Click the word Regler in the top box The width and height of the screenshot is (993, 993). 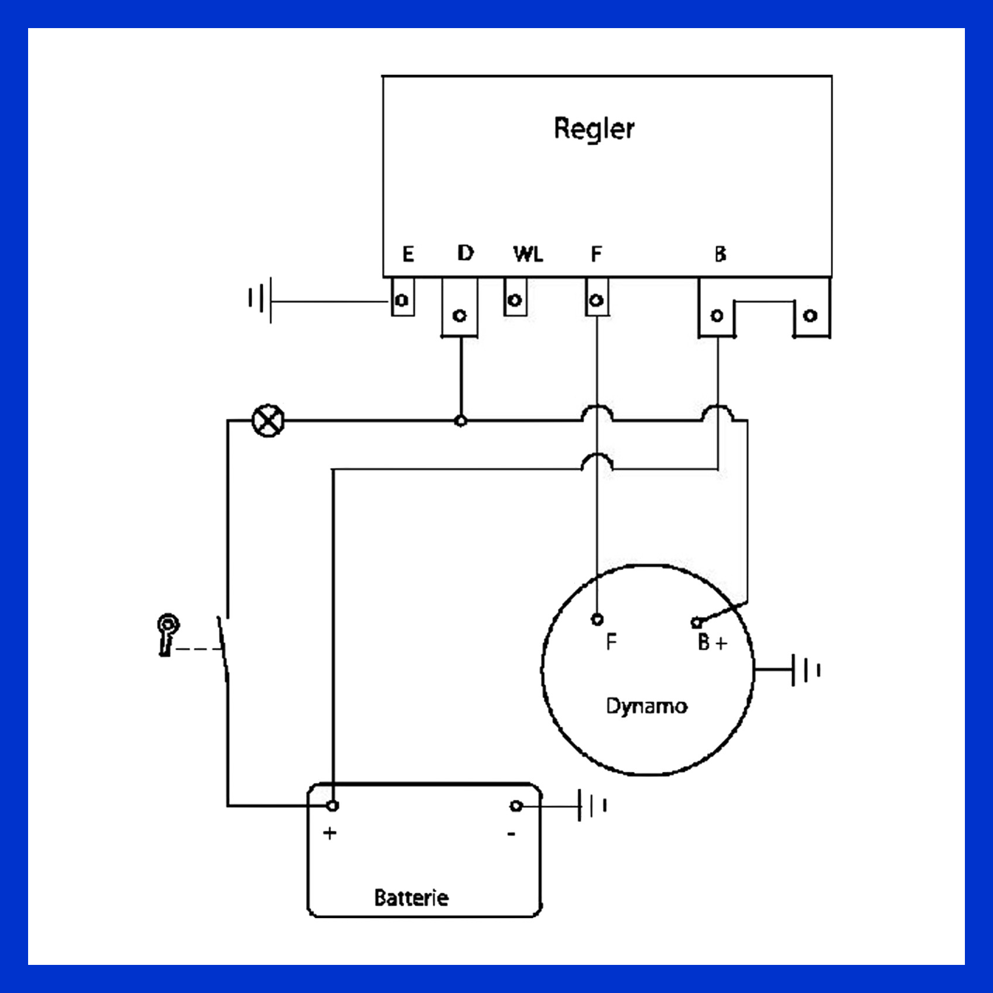pyautogui.click(x=594, y=128)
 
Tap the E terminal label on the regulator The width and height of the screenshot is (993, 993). pyautogui.click(x=408, y=254)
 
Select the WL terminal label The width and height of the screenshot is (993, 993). pyautogui.click(x=528, y=254)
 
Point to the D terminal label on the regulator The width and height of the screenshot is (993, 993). pyautogui.click(x=465, y=253)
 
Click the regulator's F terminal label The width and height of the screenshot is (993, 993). pyautogui.click(x=596, y=254)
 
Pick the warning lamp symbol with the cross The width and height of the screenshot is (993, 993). pyautogui.click(x=268, y=420)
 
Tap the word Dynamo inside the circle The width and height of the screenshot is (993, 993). pyautogui.click(x=646, y=706)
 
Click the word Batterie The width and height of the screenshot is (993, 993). pyautogui.click(x=411, y=898)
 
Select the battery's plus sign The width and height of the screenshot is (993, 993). pyautogui.click(x=330, y=833)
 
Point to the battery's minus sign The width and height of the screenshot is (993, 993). pyautogui.click(x=511, y=834)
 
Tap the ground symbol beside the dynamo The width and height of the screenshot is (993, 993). pyautogui.click(x=806, y=670)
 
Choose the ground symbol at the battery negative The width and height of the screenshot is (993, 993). pyautogui.click(x=592, y=806)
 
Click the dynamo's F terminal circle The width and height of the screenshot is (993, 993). pyautogui.click(x=597, y=619)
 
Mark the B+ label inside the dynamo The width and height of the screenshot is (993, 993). pyautogui.click(x=712, y=643)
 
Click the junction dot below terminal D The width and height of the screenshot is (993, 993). pyautogui.click(x=461, y=420)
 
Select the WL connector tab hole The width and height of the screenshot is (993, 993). pyautogui.click(x=515, y=300)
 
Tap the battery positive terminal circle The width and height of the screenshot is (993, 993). pyautogui.click(x=332, y=806)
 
